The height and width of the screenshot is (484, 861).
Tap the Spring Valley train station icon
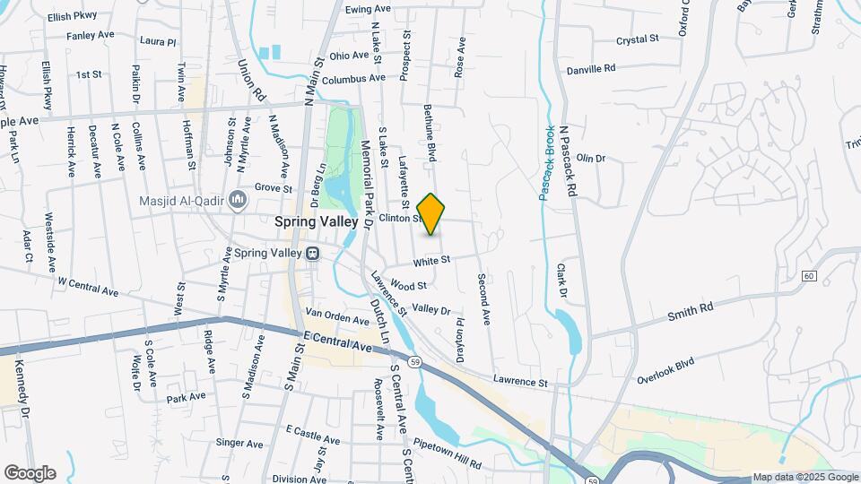(x=314, y=254)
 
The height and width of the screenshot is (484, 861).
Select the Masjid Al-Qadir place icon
(x=237, y=198)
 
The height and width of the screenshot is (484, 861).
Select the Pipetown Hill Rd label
(x=446, y=454)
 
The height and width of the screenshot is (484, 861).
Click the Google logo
(x=30, y=472)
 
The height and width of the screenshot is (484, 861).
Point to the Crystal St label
(x=638, y=39)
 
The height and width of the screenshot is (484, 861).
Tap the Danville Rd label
(x=591, y=68)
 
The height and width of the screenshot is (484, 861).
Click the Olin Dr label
(x=591, y=159)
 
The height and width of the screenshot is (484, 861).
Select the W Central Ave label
(x=88, y=286)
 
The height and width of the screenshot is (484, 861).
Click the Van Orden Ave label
(x=337, y=316)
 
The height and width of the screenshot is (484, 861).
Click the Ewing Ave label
(x=369, y=9)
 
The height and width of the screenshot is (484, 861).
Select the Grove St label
(x=274, y=189)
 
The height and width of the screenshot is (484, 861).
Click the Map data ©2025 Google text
(x=805, y=477)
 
